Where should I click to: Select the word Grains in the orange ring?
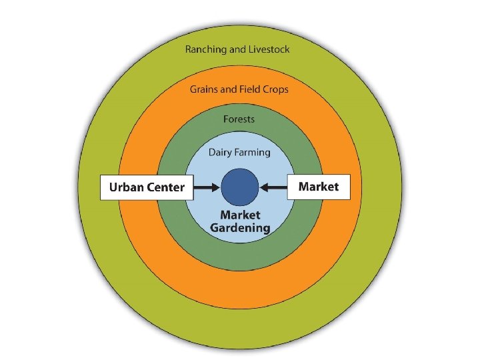[x=205, y=89]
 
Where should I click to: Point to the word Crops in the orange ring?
[x=274, y=89]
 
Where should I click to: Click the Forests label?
[x=239, y=119]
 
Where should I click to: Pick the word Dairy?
[x=221, y=152]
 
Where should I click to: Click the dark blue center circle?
[x=240, y=187]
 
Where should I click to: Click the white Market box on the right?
[x=318, y=187]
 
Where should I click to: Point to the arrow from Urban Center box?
[x=207, y=187]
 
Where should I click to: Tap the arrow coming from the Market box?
[x=273, y=187]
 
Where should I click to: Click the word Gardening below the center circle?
[x=240, y=228]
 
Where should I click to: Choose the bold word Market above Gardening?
[x=240, y=215]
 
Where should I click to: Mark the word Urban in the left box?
[x=126, y=187]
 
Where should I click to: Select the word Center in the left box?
[x=165, y=187]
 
